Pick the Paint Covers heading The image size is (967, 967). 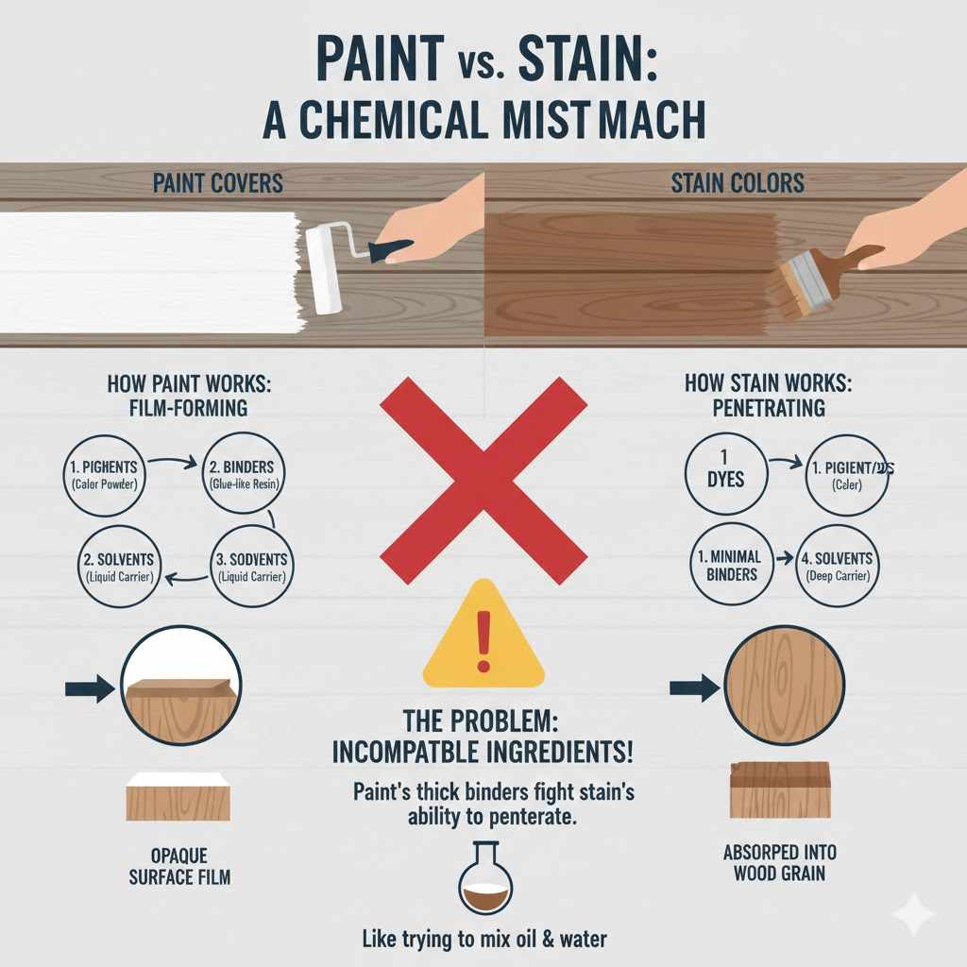pos(218,182)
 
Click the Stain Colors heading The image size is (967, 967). pos(738,182)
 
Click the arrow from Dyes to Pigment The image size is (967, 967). pos(781,463)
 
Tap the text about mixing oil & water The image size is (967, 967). pos(483,940)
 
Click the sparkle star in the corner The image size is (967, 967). pos(914,914)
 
